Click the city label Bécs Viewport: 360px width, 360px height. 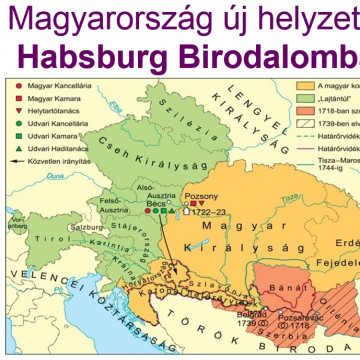coord(156,202)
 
